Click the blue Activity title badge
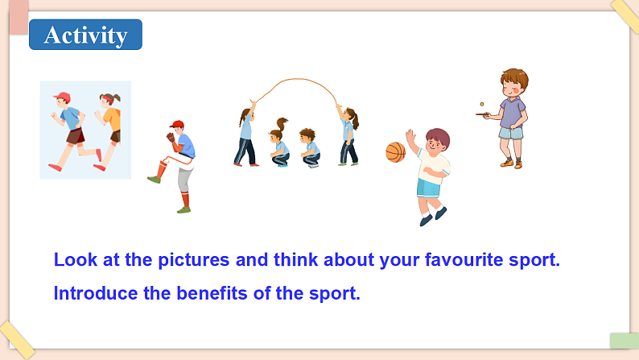coord(85,35)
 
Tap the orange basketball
coord(395,152)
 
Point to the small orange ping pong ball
coord(481,104)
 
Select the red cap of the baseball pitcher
coord(177,125)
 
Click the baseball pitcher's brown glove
coord(171,137)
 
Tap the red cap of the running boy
coord(60,97)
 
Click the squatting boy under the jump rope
coord(309,147)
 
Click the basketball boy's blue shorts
coord(428,188)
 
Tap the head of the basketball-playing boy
coord(436,141)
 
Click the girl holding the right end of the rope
coord(348,135)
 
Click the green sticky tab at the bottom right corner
coord(624,341)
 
